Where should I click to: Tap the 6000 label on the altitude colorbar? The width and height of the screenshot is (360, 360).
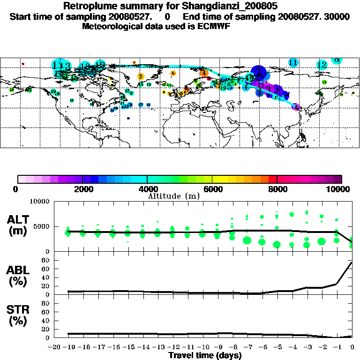coord(212,189)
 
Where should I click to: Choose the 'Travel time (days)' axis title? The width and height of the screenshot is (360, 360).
coord(205,355)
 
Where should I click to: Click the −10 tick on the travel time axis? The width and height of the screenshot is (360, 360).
coord(202,347)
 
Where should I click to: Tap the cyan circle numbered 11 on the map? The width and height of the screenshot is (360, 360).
coord(293,62)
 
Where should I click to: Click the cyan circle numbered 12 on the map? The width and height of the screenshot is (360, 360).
coord(322,65)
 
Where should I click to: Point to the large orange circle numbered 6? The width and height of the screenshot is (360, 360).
coord(140,76)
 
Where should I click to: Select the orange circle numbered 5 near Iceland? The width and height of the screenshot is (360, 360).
coord(173,73)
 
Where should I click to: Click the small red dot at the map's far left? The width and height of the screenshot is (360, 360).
coord(22,64)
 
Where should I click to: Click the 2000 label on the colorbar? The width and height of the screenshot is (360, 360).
coord(82,189)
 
